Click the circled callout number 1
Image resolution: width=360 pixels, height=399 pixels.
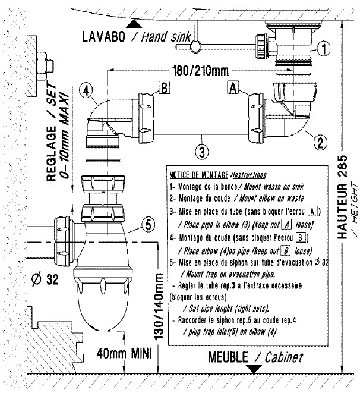[x=322, y=47]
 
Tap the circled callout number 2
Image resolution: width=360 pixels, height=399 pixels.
[x=319, y=142]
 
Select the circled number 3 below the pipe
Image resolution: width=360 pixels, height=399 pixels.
[x=203, y=151]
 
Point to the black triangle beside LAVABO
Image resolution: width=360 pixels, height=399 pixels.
[x=136, y=24]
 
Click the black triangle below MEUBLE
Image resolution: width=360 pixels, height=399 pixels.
[x=255, y=369]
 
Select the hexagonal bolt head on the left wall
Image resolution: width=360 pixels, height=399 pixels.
[x=43, y=62]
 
